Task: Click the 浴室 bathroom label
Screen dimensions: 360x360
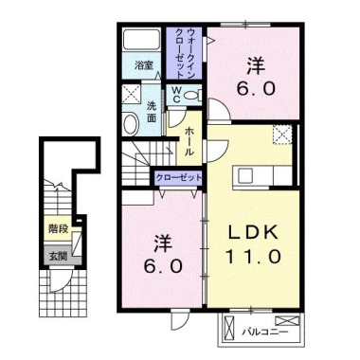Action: tap(143, 66)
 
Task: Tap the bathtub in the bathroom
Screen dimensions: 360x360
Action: tap(143, 43)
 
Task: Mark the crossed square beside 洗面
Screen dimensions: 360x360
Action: tap(131, 96)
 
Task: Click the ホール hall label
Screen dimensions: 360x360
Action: tap(190, 138)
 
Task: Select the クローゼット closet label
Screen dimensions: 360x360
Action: tap(178, 177)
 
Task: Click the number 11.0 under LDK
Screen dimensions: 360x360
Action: tap(250, 257)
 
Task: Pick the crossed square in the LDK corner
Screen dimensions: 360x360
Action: tap(281, 135)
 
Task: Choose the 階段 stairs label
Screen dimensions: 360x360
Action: tap(58, 229)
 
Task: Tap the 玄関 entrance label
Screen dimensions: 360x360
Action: tap(58, 255)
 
